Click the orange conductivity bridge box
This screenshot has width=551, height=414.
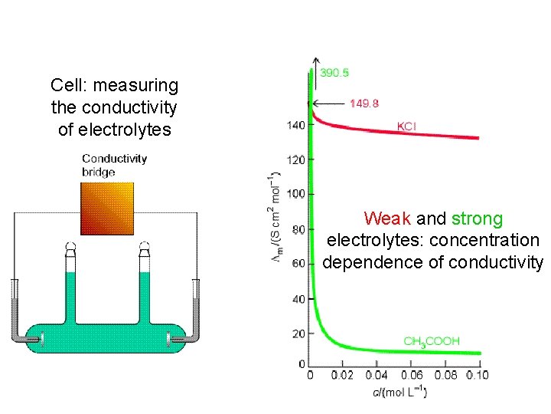107,208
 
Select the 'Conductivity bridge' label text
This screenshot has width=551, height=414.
114,165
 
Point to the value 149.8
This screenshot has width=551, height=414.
364,103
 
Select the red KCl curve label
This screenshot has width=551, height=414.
406,126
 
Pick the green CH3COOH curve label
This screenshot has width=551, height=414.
432,340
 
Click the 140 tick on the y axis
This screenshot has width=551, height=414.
296,125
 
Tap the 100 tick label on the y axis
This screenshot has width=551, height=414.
296,194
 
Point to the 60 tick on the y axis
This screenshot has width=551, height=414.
298,264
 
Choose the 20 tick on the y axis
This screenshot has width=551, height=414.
298,333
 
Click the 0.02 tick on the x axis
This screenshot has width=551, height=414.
342,376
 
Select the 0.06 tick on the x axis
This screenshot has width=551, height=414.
411,376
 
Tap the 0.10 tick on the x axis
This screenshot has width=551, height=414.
476,376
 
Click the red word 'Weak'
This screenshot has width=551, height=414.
387,219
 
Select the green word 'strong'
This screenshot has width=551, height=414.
477,219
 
